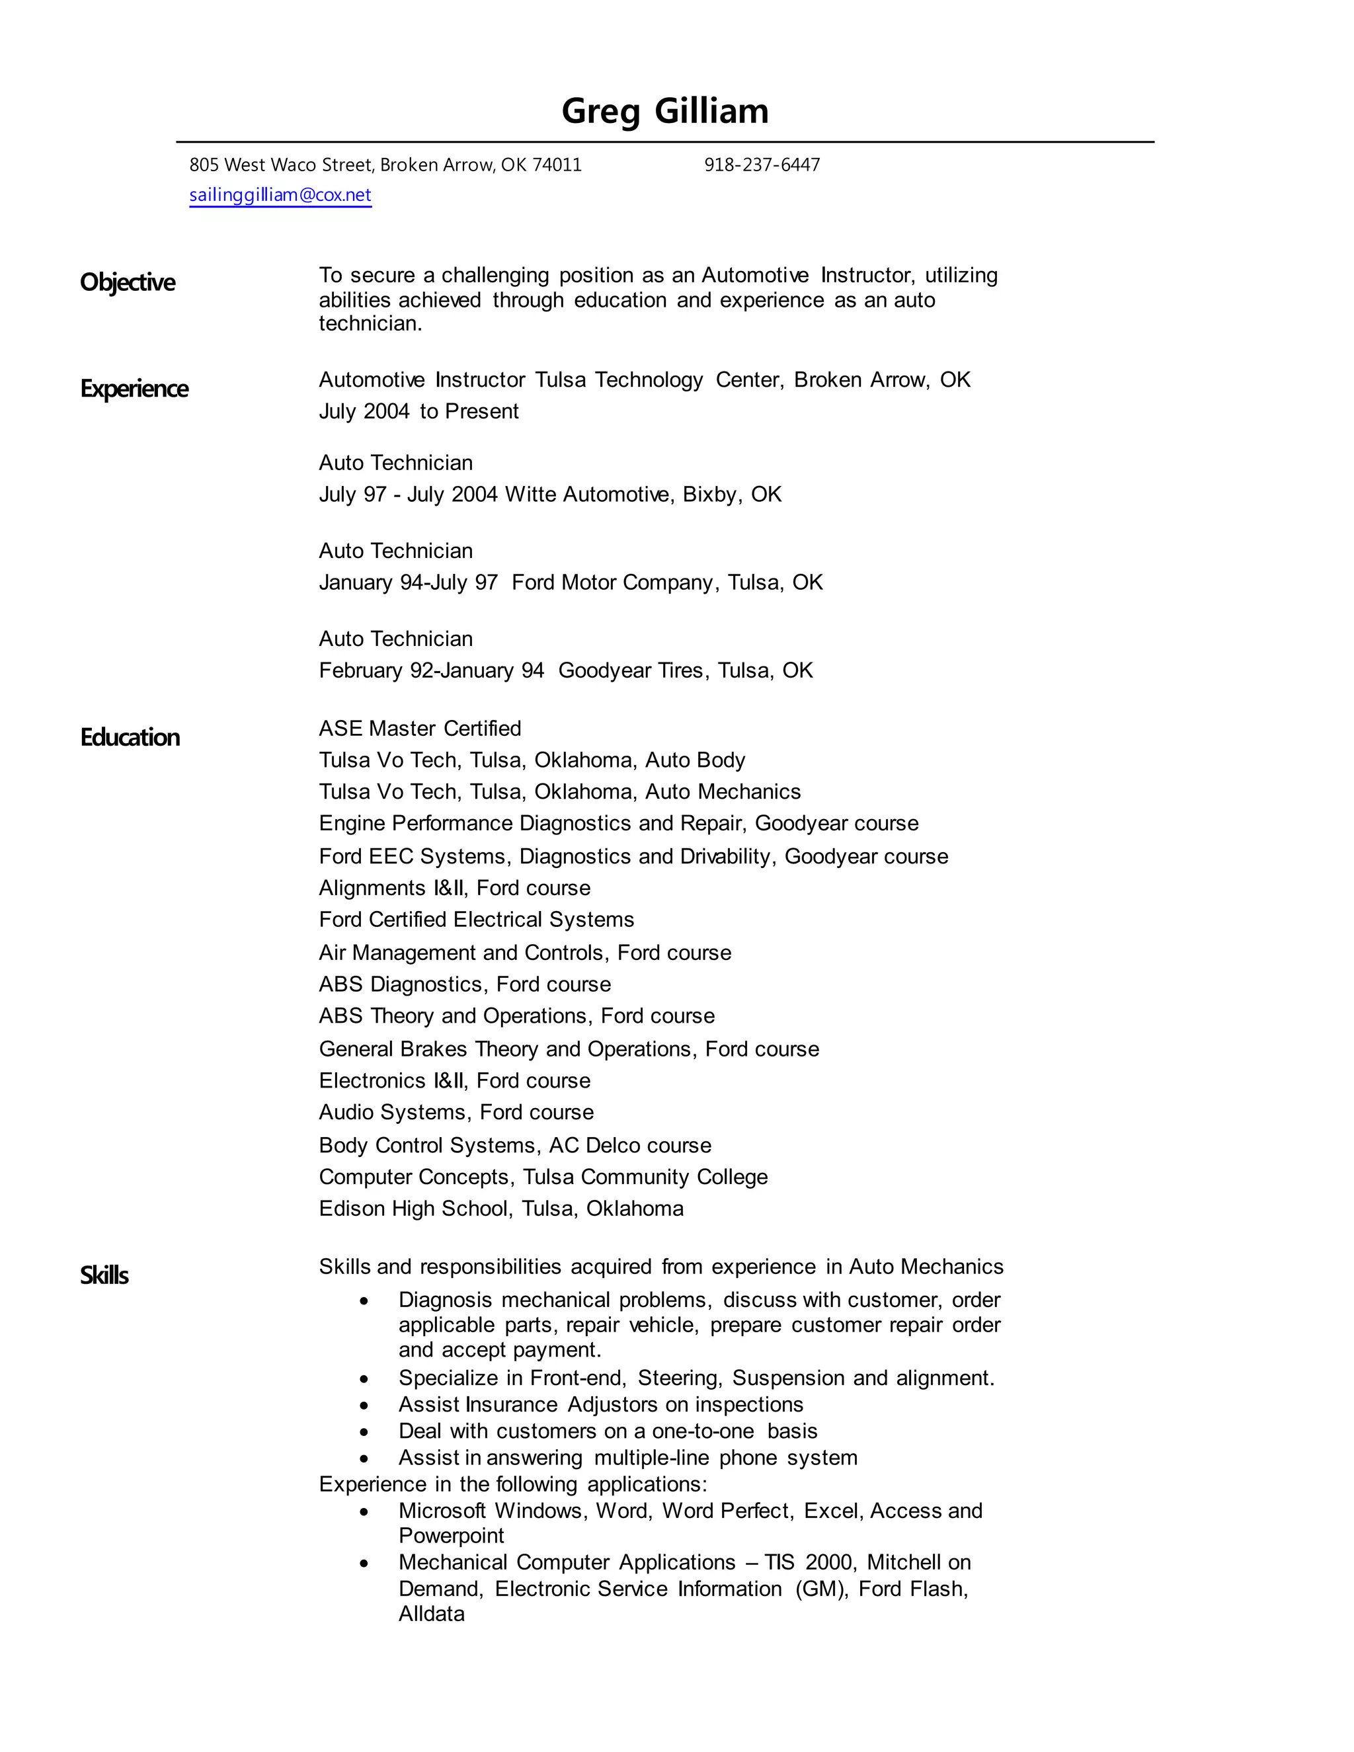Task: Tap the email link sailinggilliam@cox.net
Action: tap(280, 195)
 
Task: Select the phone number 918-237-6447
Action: tap(762, 165)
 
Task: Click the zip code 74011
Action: tap(557, 165)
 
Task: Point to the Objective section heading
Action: tap(128, 282)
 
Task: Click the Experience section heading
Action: tap(134, 389)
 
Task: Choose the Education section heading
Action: tap(130, 738)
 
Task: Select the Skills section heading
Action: tap(104, 1275)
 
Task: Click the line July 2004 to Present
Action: tap(418, 411)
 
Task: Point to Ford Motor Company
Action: tap(612, 582)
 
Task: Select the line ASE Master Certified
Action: tap(420, 729)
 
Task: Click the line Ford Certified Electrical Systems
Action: tap(477, 920)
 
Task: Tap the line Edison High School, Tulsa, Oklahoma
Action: tap(501, 1209)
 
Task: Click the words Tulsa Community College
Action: tap(645, 1177)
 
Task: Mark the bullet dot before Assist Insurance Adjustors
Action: tap(364, 1406)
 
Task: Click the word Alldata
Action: tap(432, 1613)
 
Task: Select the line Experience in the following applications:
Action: tap(512, 1484)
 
